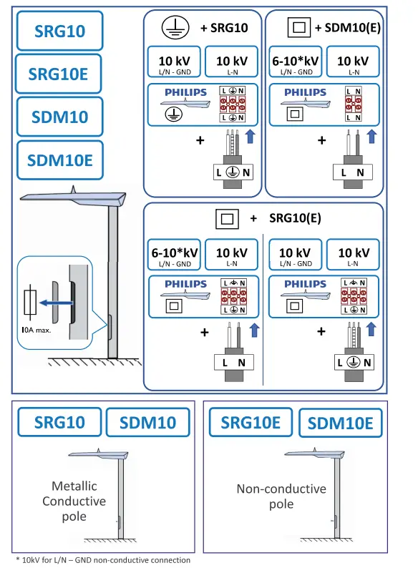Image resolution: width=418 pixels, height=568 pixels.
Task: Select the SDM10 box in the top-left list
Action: pos(59,117)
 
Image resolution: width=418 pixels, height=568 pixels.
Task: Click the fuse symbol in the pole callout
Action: pos(30,302)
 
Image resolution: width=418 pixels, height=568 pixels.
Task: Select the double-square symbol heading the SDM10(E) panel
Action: pos(299,28)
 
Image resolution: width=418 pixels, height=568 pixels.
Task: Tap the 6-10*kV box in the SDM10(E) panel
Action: pos(295,64)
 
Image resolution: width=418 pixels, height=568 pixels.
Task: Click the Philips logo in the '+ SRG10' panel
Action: pos(185,92)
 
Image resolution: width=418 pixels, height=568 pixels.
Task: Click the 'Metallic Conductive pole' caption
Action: pos(74,501)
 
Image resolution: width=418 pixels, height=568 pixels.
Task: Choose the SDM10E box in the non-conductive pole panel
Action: pos(340,423)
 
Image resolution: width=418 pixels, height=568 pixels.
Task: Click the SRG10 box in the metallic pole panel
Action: pos(59,422)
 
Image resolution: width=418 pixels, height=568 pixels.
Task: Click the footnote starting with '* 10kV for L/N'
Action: pos(103,559)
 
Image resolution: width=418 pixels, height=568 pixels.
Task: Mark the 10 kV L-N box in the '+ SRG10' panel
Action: pos(232,64)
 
